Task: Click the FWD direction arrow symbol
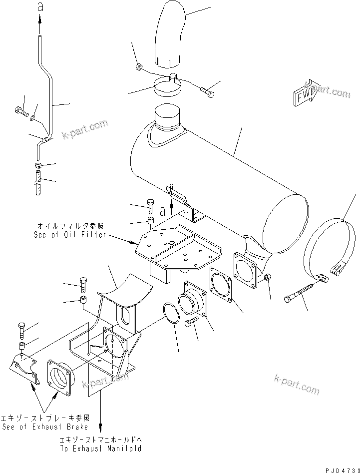305,93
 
